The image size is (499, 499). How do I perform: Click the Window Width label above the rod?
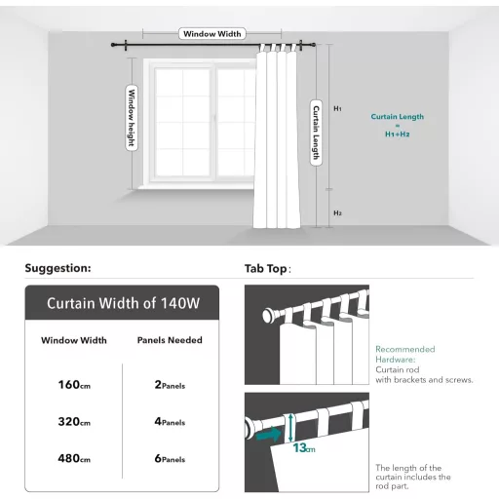coord(212,34)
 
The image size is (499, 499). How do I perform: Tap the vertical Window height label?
coord(132,118)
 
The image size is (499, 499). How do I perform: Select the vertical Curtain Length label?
coord(316,133)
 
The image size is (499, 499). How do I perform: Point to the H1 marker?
coord(337,108)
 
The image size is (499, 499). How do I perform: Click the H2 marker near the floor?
coord(337,213)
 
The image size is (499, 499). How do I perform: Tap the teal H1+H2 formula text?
coord(398,134)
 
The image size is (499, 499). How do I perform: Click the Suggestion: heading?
coord(58,268)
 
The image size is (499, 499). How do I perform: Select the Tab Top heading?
coord(268,269)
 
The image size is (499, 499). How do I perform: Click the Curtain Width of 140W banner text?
coord(123,303)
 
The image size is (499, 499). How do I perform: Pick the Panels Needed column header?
coord(170,340)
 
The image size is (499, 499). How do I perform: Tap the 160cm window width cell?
coord(74,385)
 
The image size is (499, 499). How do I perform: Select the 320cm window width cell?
coord(74,422)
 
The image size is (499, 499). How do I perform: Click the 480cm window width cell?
coord(74,458)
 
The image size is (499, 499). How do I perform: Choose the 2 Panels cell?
coord(170,385)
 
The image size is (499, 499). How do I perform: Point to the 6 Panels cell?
coord(170,458)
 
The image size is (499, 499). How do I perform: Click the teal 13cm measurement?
coord(304,448)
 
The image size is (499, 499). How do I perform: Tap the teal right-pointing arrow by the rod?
coord(268,435)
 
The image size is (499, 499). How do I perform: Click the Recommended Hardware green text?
coord(405,355)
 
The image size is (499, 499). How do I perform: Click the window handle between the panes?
coord(214,119)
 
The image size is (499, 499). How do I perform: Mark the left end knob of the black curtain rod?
coord(113,45)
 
